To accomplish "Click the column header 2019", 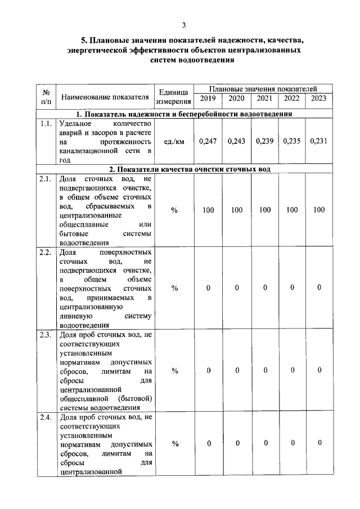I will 208,99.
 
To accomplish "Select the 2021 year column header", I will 264,99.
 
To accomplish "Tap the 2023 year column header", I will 318,99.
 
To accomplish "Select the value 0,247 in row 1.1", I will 208,141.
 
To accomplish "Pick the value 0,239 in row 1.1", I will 264,141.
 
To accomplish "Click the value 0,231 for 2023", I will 318,141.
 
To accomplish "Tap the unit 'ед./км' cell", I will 174,141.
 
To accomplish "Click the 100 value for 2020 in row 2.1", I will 237,210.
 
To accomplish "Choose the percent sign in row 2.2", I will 174,288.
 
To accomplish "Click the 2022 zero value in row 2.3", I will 292,370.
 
